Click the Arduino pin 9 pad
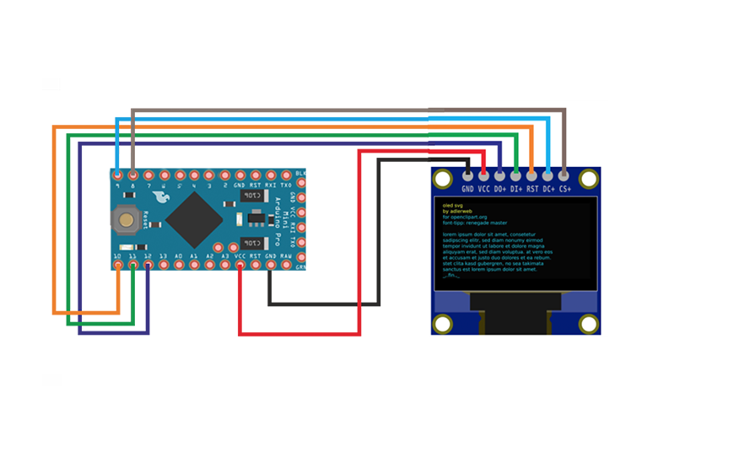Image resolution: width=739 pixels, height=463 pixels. (x=118, y=175)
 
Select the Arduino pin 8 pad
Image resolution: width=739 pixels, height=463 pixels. (x=133, y=175)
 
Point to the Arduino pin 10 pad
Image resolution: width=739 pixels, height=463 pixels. (x=118, y=265)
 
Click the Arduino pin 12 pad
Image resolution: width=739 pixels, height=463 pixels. (x=148, y=265)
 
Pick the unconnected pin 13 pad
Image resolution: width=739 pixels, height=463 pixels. (x=164, y=265)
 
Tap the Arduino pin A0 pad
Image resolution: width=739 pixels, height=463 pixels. (x=179, y=265)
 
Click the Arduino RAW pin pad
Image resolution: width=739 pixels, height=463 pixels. (x=286, y=265)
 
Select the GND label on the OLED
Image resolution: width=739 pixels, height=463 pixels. (x=467, y=190)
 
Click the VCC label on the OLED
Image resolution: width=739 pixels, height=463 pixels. (x=483, y=190)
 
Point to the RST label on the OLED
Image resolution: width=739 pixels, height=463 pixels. (x=532, y=190)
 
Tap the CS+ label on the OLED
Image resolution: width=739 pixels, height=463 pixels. (x=565, y=190)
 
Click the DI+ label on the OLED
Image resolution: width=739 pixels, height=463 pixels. (x=516, y=190)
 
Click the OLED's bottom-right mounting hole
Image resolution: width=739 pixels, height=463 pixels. (x=589, y=323)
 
